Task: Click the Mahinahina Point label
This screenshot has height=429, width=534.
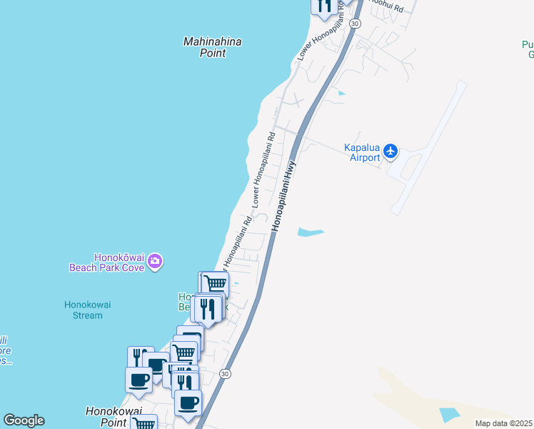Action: (x=212, y=47)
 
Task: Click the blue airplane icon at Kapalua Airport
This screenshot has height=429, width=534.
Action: (x=390, y=151)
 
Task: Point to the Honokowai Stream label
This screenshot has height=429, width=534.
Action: (x=87, y=310)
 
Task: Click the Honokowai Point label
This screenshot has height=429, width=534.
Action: (x=114, y=417)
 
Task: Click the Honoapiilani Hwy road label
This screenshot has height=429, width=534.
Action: (x=284, y=194)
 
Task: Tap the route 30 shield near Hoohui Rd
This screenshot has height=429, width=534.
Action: (x=356, y=24)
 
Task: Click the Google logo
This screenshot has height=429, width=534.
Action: (x=24, y=420)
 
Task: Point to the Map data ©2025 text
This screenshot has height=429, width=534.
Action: (x=503, y=423)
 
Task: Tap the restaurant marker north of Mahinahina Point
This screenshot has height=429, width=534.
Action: (x=324, y=6)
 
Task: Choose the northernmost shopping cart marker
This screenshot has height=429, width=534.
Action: (x=213, y=284)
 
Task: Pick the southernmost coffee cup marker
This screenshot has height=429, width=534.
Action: (x=188, y=403)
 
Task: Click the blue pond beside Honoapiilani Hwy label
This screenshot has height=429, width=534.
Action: (x=311, y=232)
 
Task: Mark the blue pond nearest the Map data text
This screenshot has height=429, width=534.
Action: (x=450, y=414)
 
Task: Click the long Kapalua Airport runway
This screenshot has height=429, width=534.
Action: (x=428, y=147)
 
